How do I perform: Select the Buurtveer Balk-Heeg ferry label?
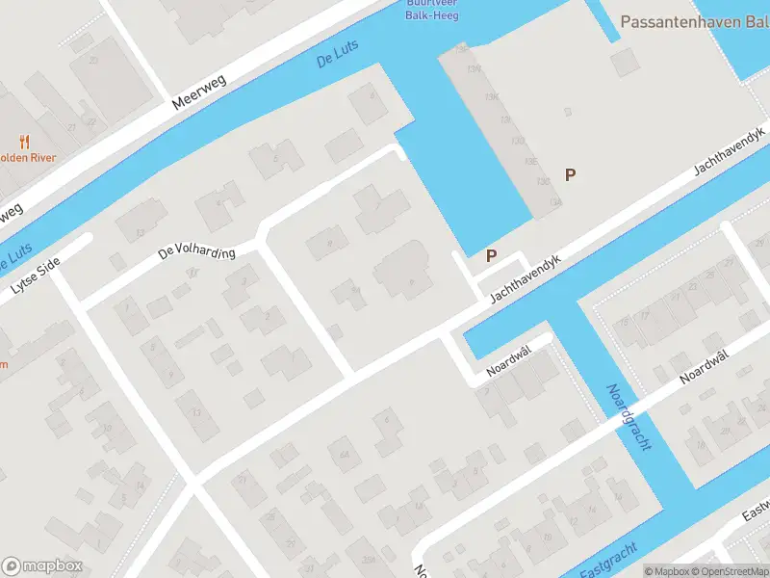click(431, 9)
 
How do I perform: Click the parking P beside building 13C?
click(571, 174)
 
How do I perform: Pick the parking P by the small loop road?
click(492, 255)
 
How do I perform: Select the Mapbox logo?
click(42, 565)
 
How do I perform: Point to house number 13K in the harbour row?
click(492, 96)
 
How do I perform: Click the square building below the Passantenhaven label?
click(626, 64)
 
